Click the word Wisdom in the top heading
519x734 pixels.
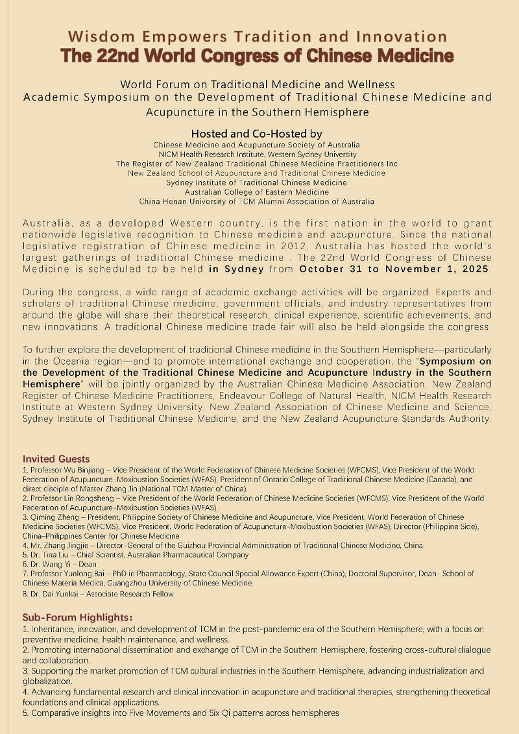tap(97, 36)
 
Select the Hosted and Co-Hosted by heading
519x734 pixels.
tap(256, 134)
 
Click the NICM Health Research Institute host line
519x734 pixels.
tap(258, 154)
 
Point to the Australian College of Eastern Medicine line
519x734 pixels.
tap(257, 192)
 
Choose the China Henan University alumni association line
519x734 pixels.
tap(256, 202)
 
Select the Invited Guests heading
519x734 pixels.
tap(56, 459)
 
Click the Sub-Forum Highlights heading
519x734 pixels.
tap(78, 617)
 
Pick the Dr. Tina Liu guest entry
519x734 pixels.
tap(136, 555)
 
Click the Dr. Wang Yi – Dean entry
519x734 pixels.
tap(60, 565)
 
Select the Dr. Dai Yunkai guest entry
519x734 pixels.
tap(98, 593)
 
